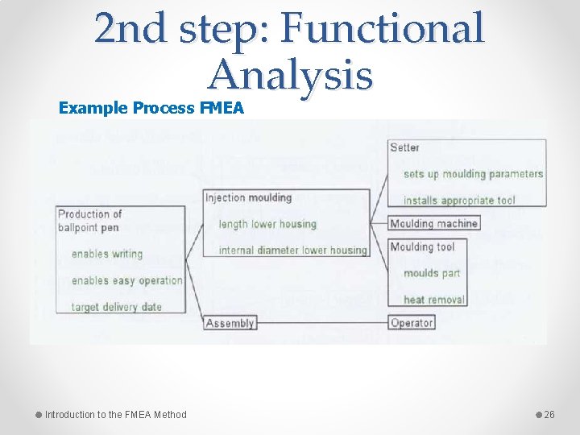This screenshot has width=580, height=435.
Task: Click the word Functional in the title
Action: pyautogui.click(x=383, y=30)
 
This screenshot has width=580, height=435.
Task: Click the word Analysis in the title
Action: pyautogui.click(x=291, y=77)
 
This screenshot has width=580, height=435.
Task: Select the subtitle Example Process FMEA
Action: pyautogui.click(x=151, y=108)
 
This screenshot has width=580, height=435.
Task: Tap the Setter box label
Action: pyautogui.click(x=405, y=147)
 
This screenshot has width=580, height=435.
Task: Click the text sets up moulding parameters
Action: pyautogui.click(x=473, y=174)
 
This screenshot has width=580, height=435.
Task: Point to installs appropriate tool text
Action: pyautogui.click(x=459, y=200)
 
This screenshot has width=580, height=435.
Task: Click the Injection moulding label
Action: pyautogui.click(x=249, y=197)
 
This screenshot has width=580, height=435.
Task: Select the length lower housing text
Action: pyautogui.click(x=267, y=224)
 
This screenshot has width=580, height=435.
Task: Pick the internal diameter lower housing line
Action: pyautogui.click(x=292, y=250)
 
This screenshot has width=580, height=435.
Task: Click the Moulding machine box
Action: pyautogui.click(x=434, y=223)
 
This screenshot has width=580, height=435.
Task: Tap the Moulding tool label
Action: pyautogui.click(x=422, y=247)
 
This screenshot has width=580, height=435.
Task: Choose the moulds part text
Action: pyautogui.click(x=432, y=273)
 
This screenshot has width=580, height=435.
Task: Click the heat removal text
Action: pyautogui.click(x=434, y=300)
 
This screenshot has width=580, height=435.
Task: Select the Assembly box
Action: pyautogui.click(x=230, y=323)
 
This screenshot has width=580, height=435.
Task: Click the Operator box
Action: pyautogui.click(x=412, y=322)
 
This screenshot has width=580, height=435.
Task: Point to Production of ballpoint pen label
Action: pyautogui.click(x=89, y=221)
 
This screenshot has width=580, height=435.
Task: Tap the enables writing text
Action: pyautogui.click(x=107, y=254)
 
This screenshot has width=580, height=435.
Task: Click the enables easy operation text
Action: pyautogui.click(x=126, y=280)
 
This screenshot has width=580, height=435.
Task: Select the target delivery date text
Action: pyautogui.click(x=117, y=307)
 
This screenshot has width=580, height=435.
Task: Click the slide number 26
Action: pyautogui.click(x=550, y=415)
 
